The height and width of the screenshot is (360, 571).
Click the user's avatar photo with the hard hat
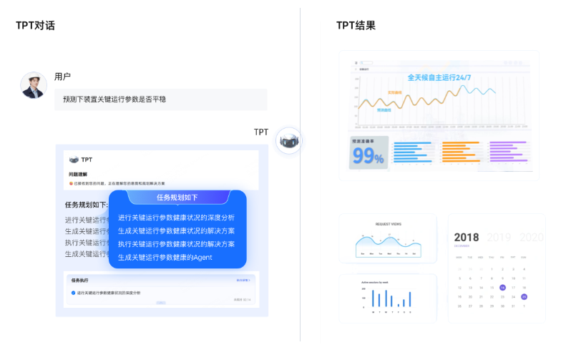pos(34,85)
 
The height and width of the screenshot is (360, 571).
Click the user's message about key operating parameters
pos(160,99)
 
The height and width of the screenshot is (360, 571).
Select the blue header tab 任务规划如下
pos(177,198)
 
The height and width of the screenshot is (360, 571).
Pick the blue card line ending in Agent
pos(165,257)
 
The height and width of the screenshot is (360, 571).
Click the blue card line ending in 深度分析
pos(176,218)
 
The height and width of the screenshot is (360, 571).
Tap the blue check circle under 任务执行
pos(73,293)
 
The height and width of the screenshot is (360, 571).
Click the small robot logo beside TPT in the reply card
pos(73,160)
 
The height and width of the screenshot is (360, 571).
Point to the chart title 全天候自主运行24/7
pos(439,77)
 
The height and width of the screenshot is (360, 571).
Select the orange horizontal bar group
pos(460,152)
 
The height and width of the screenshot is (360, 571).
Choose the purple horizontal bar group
pos(509,152)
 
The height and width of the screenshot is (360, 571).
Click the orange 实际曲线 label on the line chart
pos(395,92)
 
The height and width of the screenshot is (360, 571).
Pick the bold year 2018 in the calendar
pos(467,238)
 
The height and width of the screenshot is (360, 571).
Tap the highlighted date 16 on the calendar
pos(503,288)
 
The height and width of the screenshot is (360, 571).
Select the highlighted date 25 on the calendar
pos(524,296)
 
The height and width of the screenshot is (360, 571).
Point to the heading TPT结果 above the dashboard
pos(356,26)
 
